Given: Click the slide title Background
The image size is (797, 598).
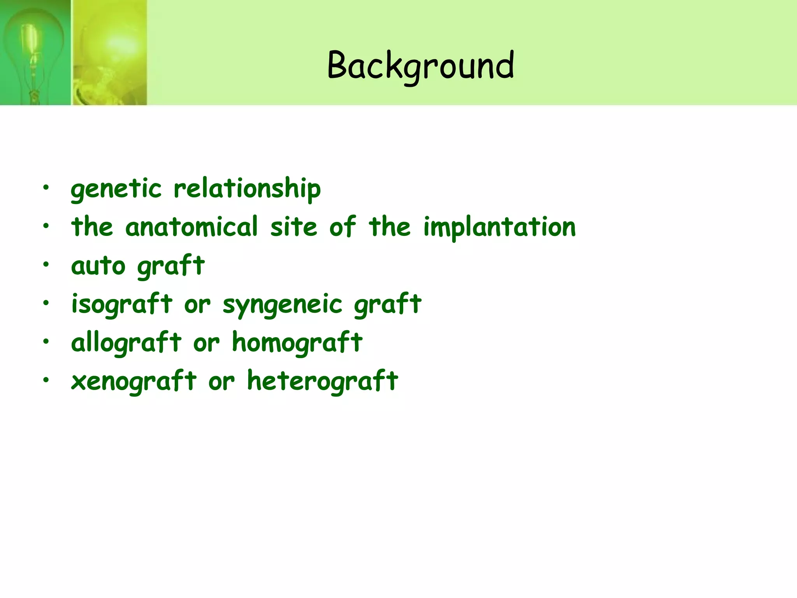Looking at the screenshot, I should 421,65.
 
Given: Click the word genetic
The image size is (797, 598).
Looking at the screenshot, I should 116,189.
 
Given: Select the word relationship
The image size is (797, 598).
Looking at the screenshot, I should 247,189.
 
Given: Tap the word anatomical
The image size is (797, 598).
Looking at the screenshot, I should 191,227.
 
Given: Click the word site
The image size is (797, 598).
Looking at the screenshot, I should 294,227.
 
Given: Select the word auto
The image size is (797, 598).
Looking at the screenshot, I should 98,266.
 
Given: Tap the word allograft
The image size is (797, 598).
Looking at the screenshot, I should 126,343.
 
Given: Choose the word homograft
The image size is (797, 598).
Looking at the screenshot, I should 297,343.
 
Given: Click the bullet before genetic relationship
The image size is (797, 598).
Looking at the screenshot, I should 46,187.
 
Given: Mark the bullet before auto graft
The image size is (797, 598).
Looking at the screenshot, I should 46,264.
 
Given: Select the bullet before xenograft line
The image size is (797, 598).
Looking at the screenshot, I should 46,380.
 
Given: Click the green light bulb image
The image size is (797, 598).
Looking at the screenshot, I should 35,53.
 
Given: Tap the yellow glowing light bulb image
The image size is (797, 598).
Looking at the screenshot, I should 110,53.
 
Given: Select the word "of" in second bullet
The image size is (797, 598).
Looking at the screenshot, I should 342,227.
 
